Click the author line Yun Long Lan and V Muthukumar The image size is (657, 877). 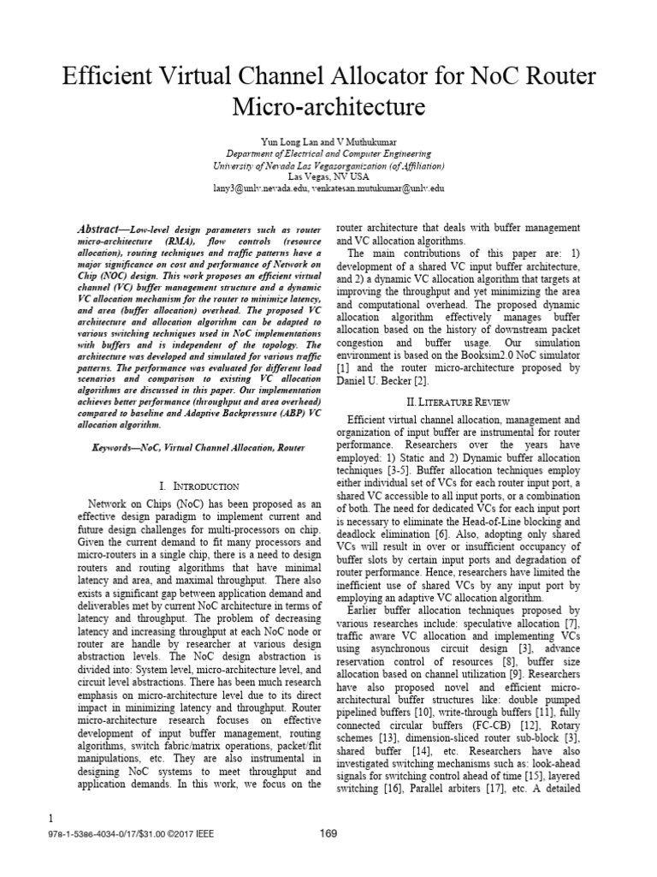(x=328, y=140)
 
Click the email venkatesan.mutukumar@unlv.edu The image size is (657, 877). (x=377, y=188)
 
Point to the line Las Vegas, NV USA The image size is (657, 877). (x=328, y=176)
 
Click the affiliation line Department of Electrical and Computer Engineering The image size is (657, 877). (x=328, y=152)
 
